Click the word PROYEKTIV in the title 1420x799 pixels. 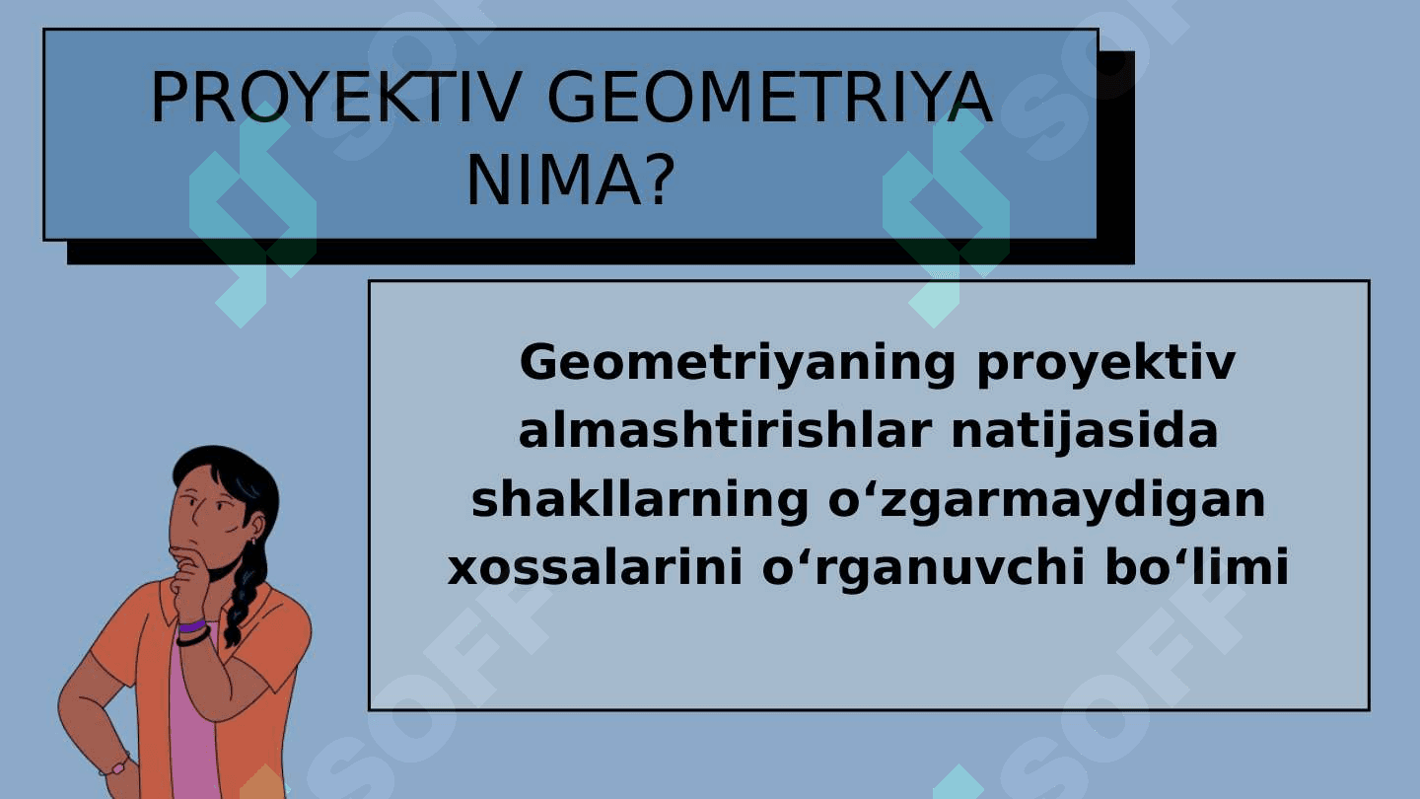click(336, 98)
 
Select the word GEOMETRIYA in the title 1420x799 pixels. click(769, 98)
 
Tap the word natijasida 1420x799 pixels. click(1085, 432)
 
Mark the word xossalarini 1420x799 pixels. click(595, 567)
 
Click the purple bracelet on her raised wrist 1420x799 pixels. click(192, 626)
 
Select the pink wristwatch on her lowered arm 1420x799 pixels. click(116, 767)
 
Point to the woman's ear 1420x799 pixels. click(256, 529)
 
